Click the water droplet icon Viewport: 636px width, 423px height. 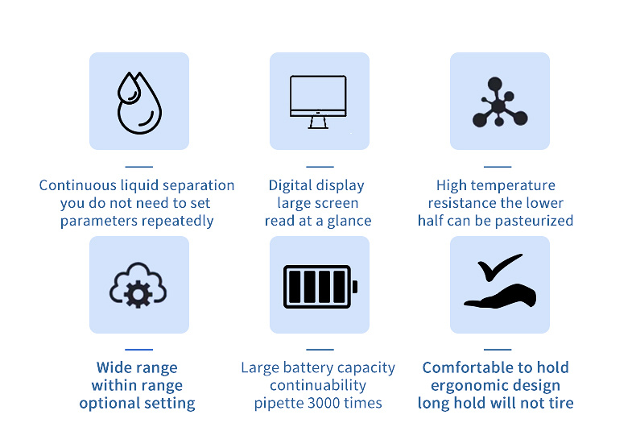coord(138,102)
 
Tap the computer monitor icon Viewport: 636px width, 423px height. coord(318,101)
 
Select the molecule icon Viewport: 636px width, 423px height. coord(499,103)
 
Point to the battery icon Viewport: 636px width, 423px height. coord(320,286)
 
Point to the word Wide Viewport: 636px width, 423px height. coord(114,367)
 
